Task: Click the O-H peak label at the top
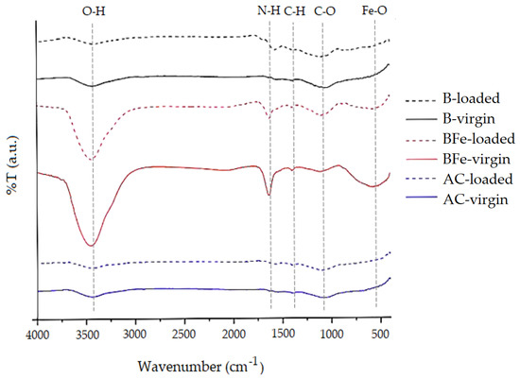click(x=92, y=10)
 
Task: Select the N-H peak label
click(x=269, y=10)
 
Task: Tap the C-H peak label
click(x=295, y=10)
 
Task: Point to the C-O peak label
click(x=324, y=10)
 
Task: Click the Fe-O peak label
click(x=374, y=10)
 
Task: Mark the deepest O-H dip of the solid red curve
click(x=91, y=246)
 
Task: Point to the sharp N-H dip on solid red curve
click(x=269, y=196)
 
